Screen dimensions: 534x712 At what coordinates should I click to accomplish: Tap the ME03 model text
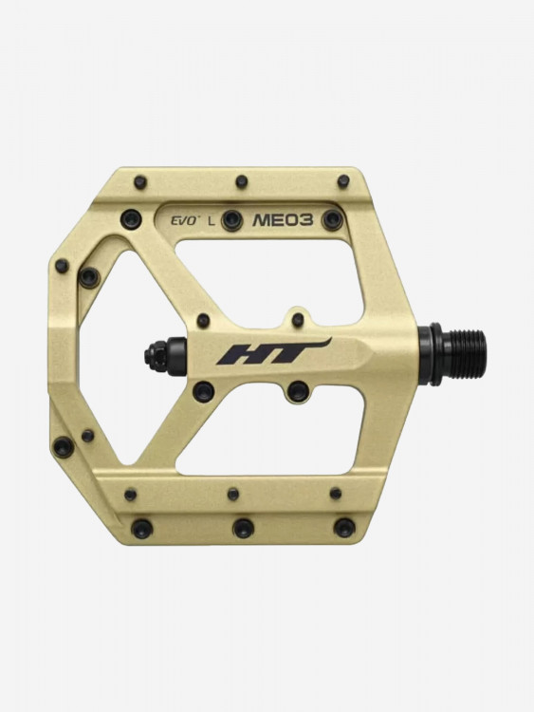click(283, 220)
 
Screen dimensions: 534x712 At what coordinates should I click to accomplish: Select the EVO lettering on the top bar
click(185, 221)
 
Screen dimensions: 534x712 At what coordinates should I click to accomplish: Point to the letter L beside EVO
click(211, 221)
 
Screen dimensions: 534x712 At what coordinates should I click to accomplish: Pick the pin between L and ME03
click(231, 220)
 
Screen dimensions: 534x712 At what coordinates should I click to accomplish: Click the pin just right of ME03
click(332, 220)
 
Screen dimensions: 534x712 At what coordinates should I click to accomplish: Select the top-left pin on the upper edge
click(140, 182)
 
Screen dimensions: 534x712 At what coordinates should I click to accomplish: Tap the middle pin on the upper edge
click(242, 181)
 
